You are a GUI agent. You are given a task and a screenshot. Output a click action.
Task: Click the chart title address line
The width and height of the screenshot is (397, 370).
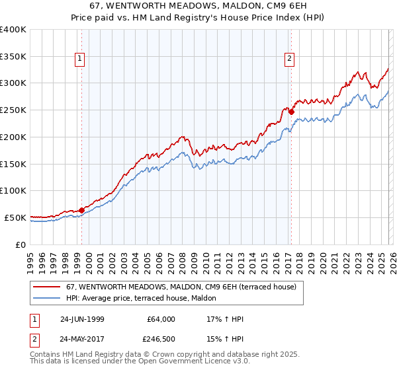198,5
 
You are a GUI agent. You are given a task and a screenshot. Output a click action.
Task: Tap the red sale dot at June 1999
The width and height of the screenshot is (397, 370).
82,210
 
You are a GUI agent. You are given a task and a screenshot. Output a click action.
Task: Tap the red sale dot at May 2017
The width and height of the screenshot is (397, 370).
291,112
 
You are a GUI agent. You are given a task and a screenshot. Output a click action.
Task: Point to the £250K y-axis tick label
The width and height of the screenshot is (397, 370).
13,110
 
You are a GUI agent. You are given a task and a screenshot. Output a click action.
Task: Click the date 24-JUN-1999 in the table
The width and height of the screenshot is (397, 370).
81,319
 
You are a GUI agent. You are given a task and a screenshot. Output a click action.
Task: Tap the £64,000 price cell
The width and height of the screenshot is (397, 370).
161,319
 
